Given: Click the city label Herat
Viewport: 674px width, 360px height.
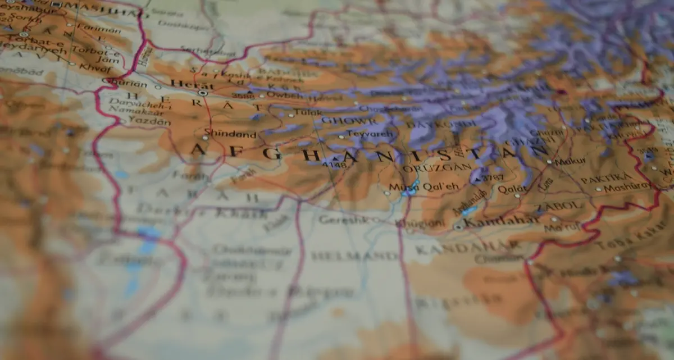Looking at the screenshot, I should point(184,84).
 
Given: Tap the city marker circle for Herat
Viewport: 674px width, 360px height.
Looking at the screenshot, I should point(202,93).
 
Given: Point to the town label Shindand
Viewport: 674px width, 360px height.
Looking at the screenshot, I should point(230,134).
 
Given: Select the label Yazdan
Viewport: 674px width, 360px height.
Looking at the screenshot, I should point(142,121).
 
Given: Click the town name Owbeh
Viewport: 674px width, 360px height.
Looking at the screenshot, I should point(284,95).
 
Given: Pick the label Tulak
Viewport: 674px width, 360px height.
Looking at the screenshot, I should point(309,112).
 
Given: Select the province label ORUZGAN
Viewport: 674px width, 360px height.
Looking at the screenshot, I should point(428,168).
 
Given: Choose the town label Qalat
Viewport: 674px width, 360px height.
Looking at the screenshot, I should point(513,189).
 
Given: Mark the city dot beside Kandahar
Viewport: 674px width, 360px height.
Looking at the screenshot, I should point(459,227).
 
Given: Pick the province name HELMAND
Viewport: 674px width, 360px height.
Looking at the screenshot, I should point(354,256).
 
